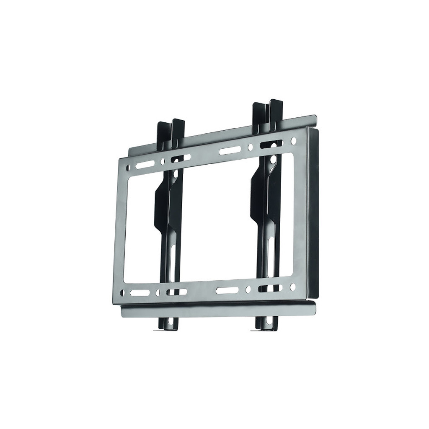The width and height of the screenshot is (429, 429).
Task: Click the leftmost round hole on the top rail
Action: [x=128, y=167]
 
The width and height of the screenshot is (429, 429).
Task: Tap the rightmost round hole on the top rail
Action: [x=293, y=141]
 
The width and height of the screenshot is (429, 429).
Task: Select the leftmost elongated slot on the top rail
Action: [x=144, y=164]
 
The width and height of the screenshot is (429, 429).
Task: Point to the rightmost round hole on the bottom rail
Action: [x=292, y=287]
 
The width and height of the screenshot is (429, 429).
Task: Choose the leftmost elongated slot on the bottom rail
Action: [x=140, y=293]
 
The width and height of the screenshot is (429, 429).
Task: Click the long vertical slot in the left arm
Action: [x=173, y=264]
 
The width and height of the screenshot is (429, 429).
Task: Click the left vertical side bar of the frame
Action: [x=118, y=230]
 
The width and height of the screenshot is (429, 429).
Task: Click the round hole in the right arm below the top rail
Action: [x=273, y=160]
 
